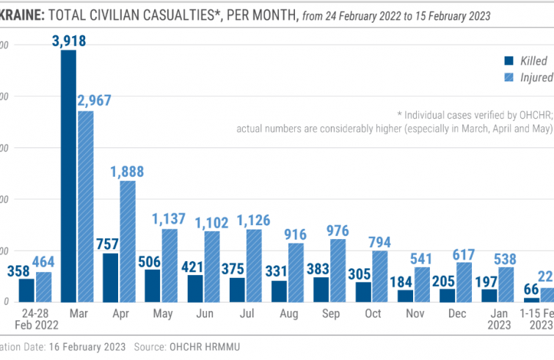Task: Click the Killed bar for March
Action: click(x=68, y=176)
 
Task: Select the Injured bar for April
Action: click(x=128, y=241)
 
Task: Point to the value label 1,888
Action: click(x=127, y=172)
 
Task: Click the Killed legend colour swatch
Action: click(x=508, y=61)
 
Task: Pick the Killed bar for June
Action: click(x=194, y=288)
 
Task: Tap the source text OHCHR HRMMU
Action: click(x=208, y=345)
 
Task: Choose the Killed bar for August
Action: click(x=280, y=291)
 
